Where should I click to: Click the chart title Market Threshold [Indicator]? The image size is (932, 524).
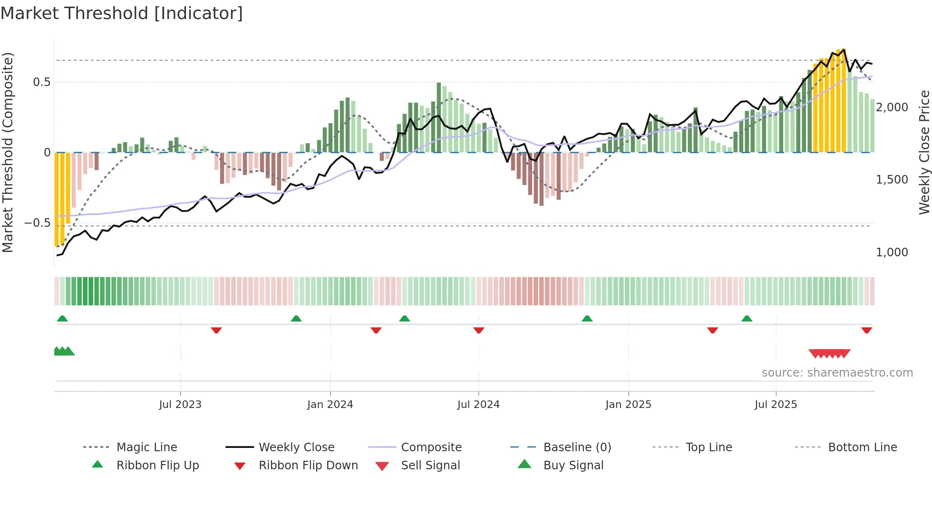(x=122, y=13)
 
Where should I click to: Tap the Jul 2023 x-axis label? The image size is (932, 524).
(x=180, y=405)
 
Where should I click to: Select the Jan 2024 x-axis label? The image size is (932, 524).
(x=330, y=405)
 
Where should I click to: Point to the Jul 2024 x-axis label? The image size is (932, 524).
(x=478, y=405)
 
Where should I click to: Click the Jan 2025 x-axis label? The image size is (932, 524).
(x=628, y=405)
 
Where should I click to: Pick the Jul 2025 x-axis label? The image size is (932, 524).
(x=776, y=405)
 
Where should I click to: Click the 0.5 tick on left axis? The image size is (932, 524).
(x=41, y=82)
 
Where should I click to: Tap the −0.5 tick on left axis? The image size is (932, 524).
(x=37, y=223)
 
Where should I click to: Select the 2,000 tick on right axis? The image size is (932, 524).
(x=892, y=107)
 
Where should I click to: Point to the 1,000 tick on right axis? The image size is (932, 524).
(x=892, y=252)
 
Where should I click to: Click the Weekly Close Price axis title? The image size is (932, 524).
(x=924, y=152)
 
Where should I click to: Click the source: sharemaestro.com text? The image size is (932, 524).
(x=837, y=373)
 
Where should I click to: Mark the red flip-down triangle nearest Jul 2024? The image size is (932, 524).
(x=479, y=330)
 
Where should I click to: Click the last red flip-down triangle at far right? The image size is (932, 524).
(x=866, y=330)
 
